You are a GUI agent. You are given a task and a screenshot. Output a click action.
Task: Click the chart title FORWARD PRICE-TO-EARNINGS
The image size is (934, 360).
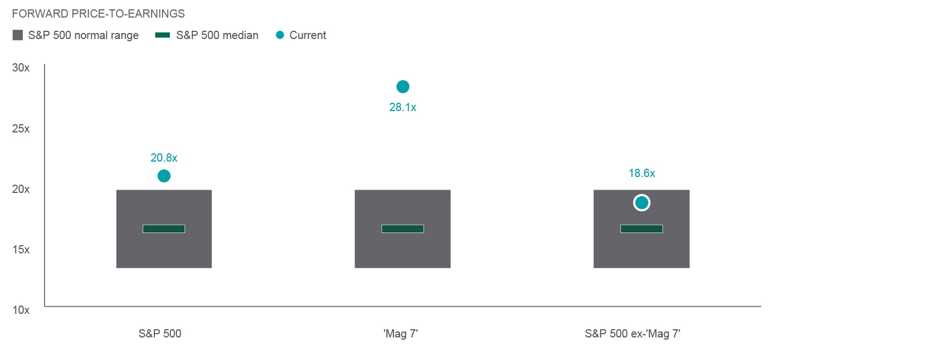click(98, 14)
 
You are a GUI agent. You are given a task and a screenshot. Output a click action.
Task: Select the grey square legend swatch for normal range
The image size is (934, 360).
click(18, 35)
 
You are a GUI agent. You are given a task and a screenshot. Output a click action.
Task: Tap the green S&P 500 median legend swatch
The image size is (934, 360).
click(163, 35)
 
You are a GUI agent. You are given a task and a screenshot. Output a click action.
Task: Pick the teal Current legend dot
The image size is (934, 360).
click(280, 35)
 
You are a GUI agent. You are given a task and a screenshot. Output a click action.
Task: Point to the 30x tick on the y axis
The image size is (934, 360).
click(21, 68)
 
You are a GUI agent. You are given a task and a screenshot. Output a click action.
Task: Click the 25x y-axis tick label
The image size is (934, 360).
click(21, 129)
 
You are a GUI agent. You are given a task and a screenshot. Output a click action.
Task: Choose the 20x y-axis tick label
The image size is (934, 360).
click(21, 189)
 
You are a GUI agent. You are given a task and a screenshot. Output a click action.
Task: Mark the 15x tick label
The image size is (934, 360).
click(21, 250)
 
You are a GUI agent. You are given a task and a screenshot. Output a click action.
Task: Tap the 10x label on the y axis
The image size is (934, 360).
click(21, 310)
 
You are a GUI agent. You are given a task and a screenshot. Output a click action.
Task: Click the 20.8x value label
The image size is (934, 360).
click(164, 158)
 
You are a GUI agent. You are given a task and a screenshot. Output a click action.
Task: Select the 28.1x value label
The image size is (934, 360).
click(403, 107)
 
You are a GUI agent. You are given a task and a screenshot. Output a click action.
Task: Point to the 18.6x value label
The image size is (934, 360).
click(642, 173)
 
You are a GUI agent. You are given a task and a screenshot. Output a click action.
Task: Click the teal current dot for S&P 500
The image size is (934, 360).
click(164, 176)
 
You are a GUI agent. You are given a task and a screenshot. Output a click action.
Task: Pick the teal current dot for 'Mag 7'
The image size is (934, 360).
click(403, 87)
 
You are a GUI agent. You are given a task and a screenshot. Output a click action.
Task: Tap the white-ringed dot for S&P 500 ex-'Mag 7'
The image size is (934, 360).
click(642, 203)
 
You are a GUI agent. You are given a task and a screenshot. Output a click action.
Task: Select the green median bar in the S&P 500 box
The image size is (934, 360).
click(164, 229)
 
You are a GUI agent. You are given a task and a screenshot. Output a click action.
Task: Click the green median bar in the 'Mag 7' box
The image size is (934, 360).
click(403, 229)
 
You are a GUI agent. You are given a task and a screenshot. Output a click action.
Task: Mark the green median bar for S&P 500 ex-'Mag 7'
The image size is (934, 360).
click(642, 229)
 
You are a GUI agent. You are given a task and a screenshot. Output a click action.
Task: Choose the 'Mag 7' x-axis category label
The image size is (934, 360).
click(401, 334)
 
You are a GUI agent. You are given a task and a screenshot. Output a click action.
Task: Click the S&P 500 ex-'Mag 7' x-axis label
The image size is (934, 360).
click(632, 334)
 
